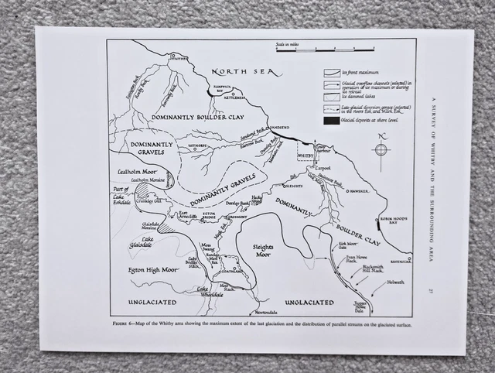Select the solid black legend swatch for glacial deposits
[x=330, y=121]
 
